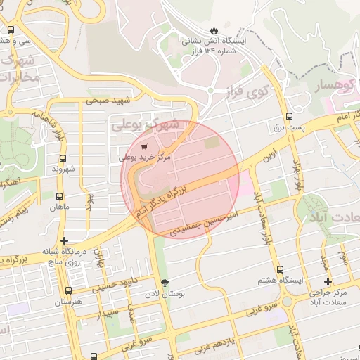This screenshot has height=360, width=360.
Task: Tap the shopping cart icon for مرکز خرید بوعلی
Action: (x=144, y=148)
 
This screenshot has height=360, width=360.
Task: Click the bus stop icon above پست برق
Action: (x=289, y=117)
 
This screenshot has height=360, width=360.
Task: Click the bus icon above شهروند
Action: (x=63, y=158)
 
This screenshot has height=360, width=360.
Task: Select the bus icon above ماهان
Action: (x=58, y=197)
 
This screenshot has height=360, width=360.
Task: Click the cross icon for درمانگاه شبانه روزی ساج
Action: (x=64, y=240)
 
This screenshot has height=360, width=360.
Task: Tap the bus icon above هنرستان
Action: (x=68, y=290)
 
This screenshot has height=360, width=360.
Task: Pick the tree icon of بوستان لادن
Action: (x=165, y=283)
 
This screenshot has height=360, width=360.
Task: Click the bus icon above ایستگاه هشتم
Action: (x=280, y=269)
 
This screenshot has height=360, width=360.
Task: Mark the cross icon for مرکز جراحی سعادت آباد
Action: (x=328, y=281)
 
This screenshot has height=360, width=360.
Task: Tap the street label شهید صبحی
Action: (x=110, y=101)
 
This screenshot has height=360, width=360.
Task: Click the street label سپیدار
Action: (x=112, y=311)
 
